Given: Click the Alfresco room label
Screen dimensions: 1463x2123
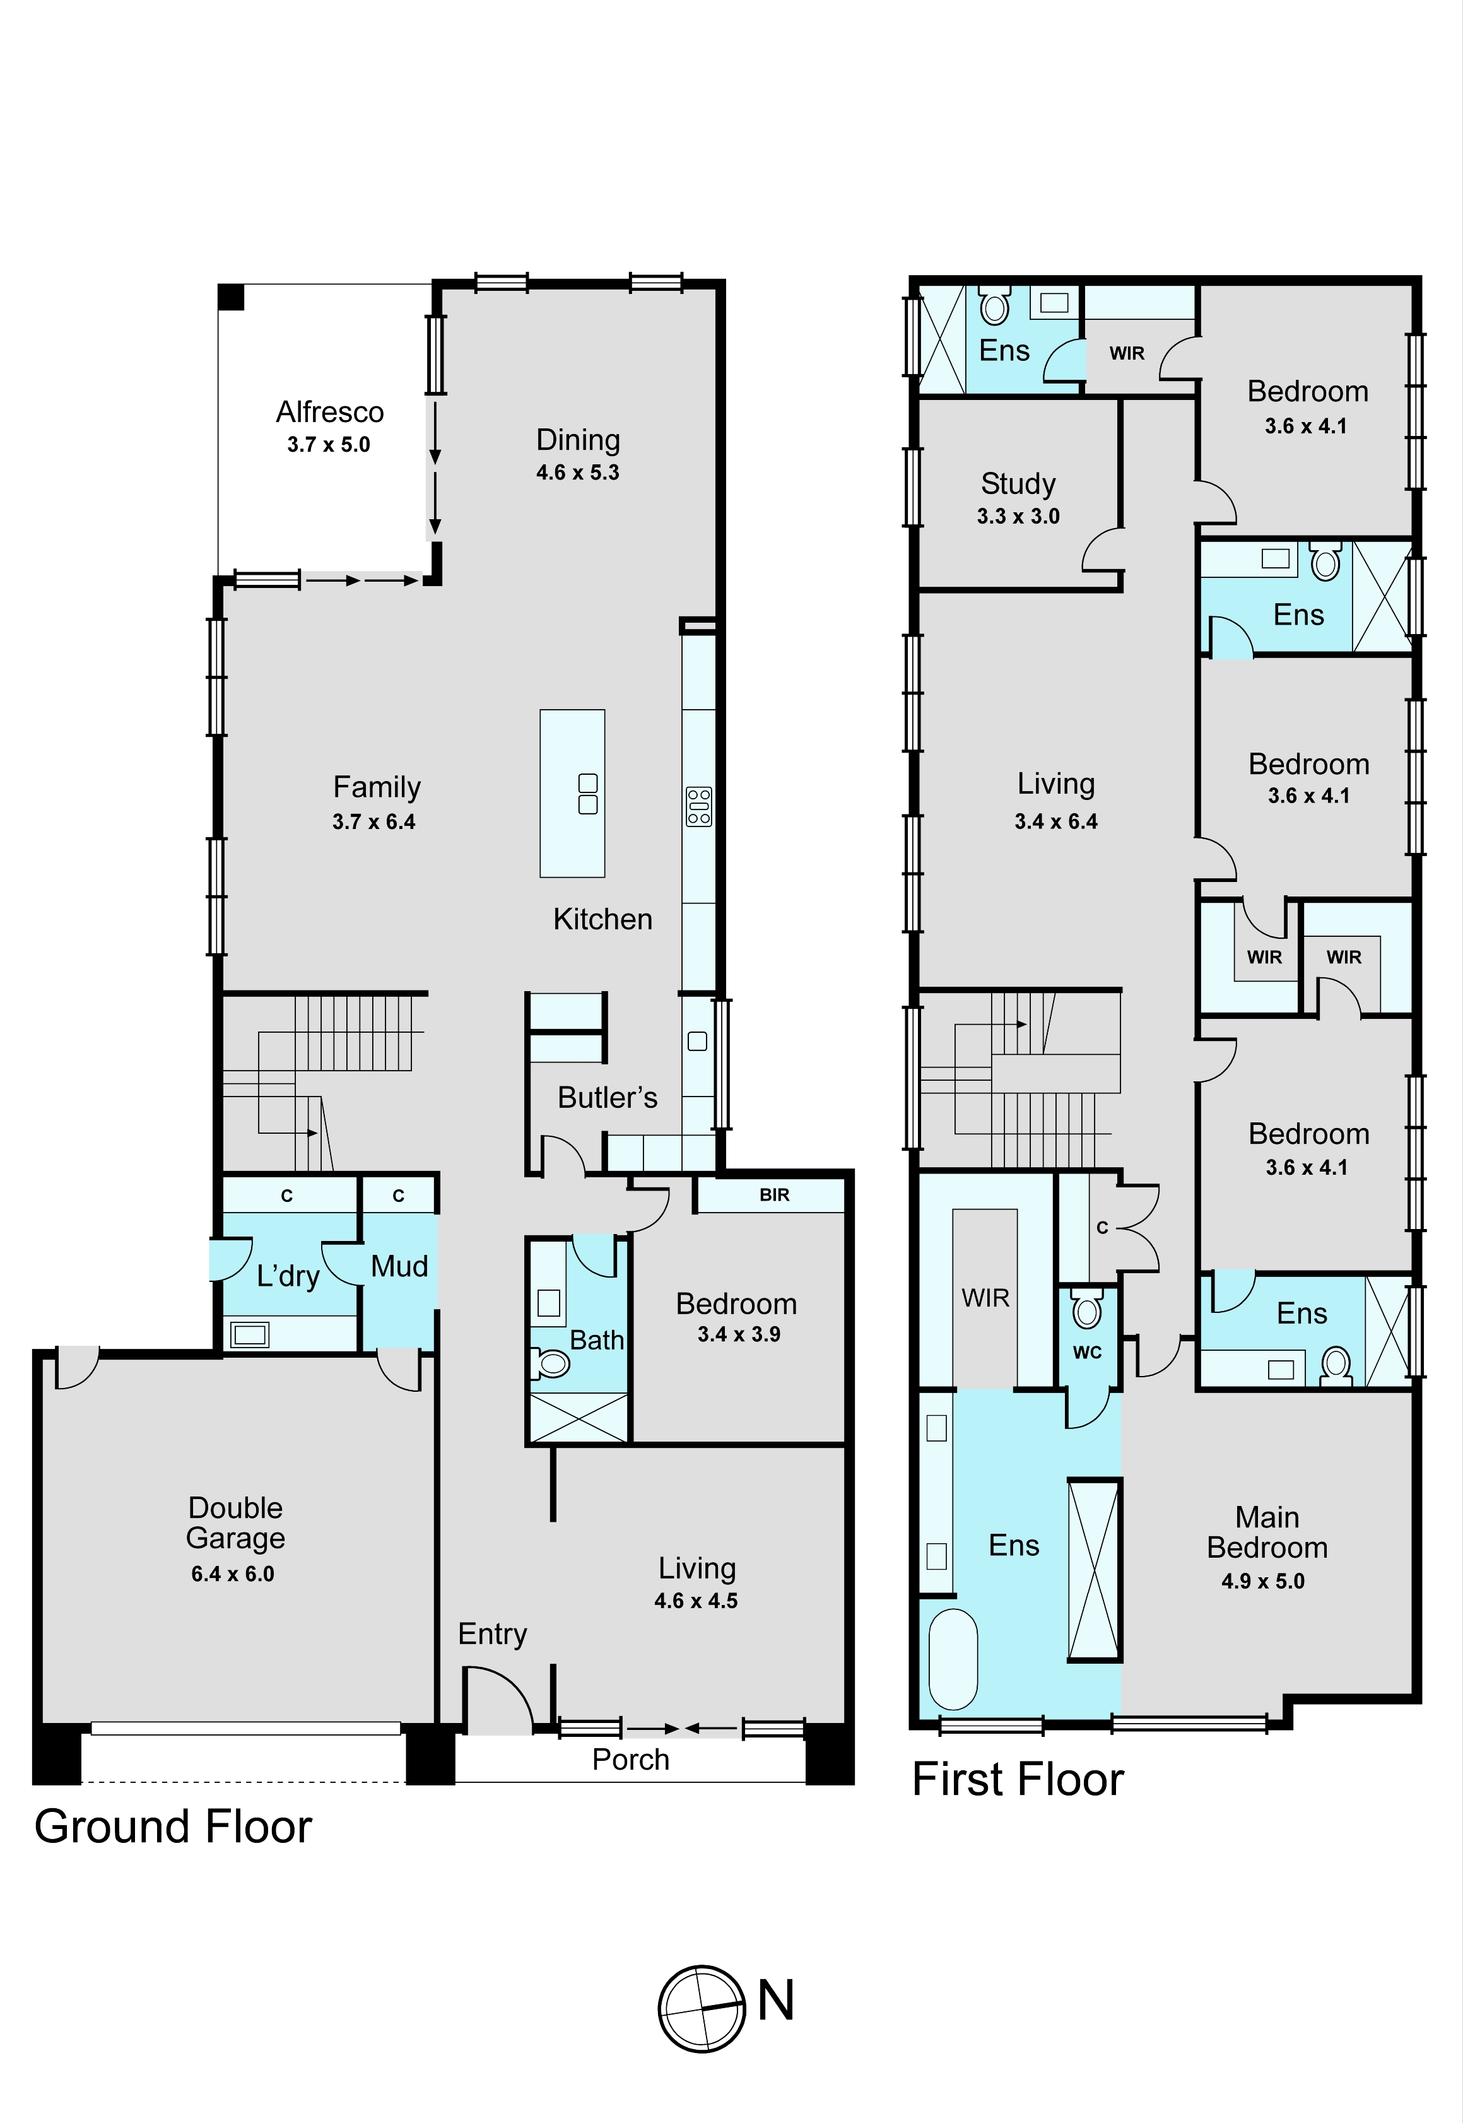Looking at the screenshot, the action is pos(330,413).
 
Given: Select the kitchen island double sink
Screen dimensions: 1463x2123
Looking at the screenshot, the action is pos(587,794).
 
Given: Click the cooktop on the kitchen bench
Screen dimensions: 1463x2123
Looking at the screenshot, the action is pos(698,807).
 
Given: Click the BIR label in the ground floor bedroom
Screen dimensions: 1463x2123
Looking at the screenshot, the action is pos(775,1196).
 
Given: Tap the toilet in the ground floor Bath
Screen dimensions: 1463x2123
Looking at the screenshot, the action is pos(550,1364).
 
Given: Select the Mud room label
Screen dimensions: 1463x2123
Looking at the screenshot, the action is pos(400,1266).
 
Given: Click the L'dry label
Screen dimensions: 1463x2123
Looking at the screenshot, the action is pos(288,1276).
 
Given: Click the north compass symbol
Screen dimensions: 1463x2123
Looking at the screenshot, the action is pos(702,2008).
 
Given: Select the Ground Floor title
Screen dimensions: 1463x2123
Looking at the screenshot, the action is pos(173,1827).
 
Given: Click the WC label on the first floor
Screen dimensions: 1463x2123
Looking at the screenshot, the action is pos(1087,1352).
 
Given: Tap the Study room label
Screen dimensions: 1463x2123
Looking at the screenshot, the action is pos(1018,483).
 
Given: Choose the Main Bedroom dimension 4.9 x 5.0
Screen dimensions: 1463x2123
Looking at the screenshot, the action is pos(1263,1581).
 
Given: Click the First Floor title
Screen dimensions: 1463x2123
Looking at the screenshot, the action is pos(1018,1779).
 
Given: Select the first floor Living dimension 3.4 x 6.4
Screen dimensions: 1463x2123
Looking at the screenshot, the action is pos(1056,821).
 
